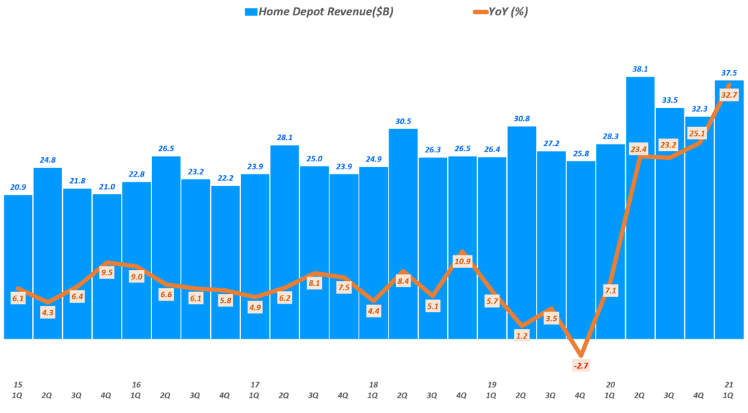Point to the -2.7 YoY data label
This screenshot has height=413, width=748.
pyautogui.click(x=581, y=365)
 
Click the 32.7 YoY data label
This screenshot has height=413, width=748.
pyautogui.click(x=729, y=94)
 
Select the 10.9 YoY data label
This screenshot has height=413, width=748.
pyautogui.click(x=462, y=260)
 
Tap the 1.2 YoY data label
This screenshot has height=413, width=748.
pyautogui.click(x=522, y=336)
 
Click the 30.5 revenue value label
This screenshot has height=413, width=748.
pyautogui.click(x=403, y=121)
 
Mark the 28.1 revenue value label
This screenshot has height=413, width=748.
pyautogui.click(x=285, y=137)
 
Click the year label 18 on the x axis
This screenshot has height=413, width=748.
pyautogui.click(x=373, y=385)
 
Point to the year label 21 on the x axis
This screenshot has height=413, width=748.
pyautogui.click(x=729, y=385)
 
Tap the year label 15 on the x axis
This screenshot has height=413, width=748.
pyautogui.click(x=18, y=385)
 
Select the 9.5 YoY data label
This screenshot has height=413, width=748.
pyautogui.click(x=107, y=273)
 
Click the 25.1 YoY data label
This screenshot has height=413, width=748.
pyautogui.click(x=699, y=133)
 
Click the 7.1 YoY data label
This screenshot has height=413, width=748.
pyautogui.click(x=611, y=290)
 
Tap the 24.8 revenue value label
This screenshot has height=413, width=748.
pyautogui.click(x=48, y=160)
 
